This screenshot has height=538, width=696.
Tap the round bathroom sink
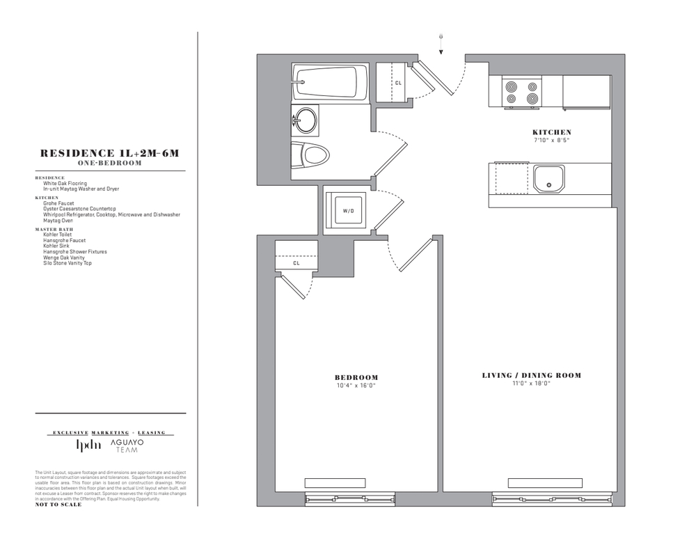click(x=305, y=120)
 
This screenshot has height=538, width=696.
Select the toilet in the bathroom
click(x=310, y=154)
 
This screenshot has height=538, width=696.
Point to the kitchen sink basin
click(x=548, y=178)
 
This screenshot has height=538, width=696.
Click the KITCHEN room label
click(x=552, y=132)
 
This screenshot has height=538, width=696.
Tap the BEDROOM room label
click(x=356, y=378)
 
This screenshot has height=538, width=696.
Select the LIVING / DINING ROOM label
click(x=532, y=376)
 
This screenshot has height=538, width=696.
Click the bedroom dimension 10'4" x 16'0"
click(x=356, y=386)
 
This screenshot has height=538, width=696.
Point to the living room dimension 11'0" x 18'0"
click(x=532, y=383)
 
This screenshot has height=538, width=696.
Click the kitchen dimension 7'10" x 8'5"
click(x=552, y=140)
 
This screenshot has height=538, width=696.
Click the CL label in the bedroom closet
click(x=296, y=263)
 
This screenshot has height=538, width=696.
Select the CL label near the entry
click(x=398, y=83)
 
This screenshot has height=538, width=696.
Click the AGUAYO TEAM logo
click(x=127, y=446)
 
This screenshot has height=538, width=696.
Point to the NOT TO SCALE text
click(x=58, y=505)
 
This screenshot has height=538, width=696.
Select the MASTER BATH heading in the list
click(x=54, y=229)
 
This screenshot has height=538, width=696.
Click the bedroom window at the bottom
click(x=349, y=498)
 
